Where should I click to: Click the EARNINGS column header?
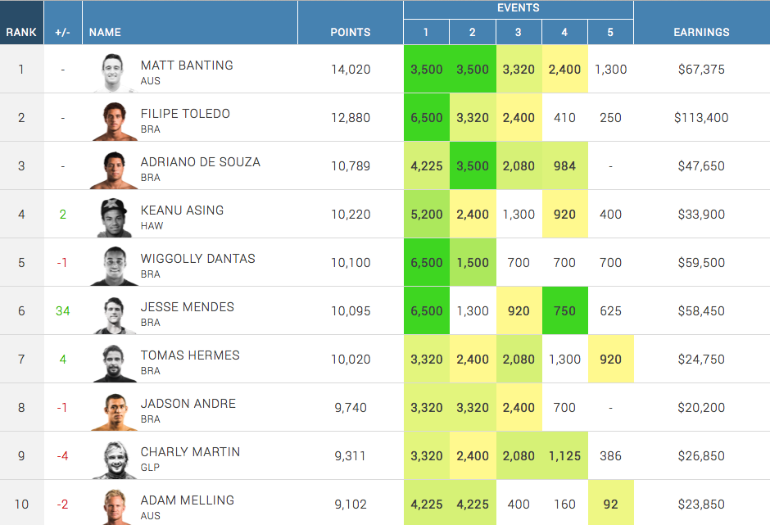(x=701, y=32)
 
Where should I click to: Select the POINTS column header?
(x=350, y=32)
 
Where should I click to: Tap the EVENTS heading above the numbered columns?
(x=518, y=8)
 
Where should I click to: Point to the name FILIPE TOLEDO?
(x=185, y=113)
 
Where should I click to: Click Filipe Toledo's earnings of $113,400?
(x=701, y=117)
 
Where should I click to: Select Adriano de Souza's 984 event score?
(x=564, y=165)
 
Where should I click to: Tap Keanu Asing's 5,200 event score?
(x=426, y=214)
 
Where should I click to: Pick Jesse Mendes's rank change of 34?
(x=62, y=311)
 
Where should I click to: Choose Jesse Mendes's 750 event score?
(x=564, y=310)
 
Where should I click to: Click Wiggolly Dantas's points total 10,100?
(x=351, y=262)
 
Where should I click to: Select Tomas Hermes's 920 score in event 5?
(x=610, y=359)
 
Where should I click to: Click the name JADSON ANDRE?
(x=188, y=403)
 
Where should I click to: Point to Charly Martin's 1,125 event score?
(x=564, y=455)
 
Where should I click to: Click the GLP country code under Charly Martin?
(x=150, y=468)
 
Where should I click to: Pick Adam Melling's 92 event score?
(x=610, y=504)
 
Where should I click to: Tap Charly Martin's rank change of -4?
(x=62, y=456)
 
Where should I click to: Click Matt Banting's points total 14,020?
(x=351, y=69)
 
